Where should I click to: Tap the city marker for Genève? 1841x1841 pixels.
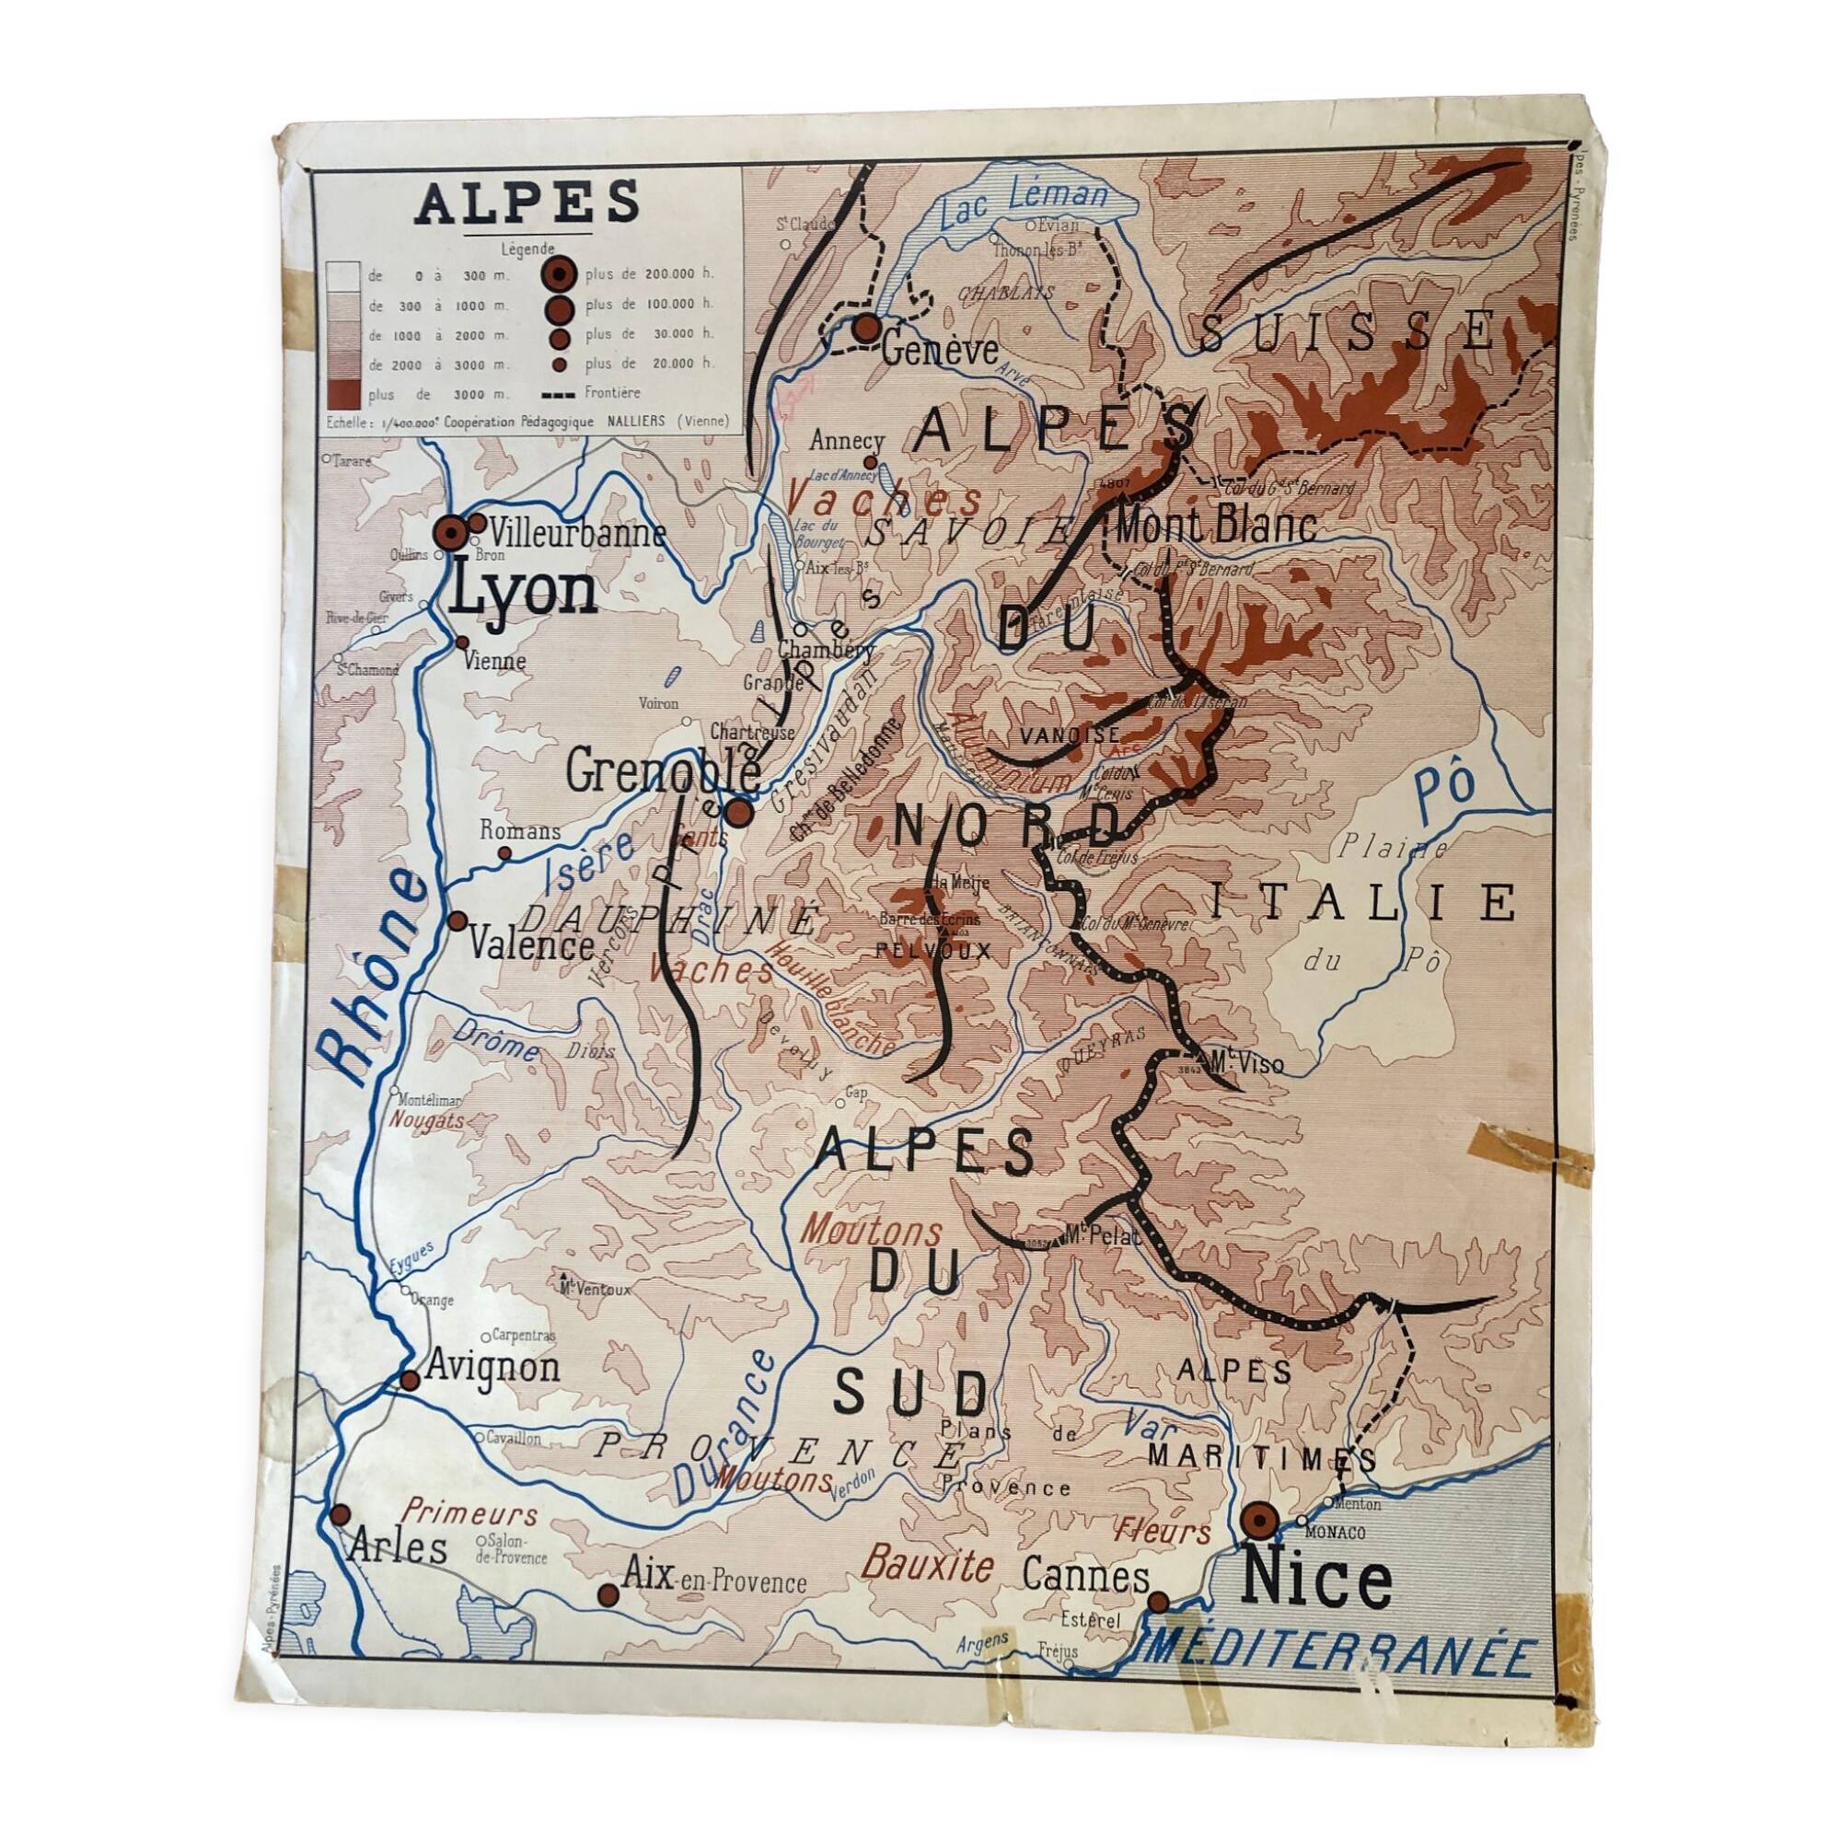pos(866,329)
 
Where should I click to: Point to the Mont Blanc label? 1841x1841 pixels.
pos(1215,525)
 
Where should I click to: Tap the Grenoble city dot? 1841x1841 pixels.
pos(739,813)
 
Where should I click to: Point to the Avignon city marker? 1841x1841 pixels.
pos(410,1381)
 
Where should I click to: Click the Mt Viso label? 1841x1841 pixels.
pos(1245,1063)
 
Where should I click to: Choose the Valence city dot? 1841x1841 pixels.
pos(457,921)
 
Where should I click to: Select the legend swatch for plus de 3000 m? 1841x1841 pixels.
pos(343,393)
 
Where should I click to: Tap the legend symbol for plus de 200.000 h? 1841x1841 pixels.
pos(560,274)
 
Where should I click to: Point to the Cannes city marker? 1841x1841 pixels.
pos(1158,1602)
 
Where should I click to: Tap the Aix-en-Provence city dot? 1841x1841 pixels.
pos(607,1594)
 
